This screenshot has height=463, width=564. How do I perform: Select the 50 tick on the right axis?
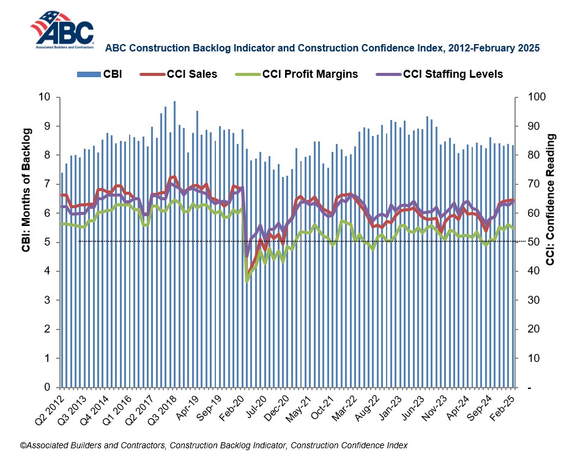pyautogui.click(x=529, y=242)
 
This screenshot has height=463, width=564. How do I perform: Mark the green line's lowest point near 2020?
pyautogui.click(x=247, y=280)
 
